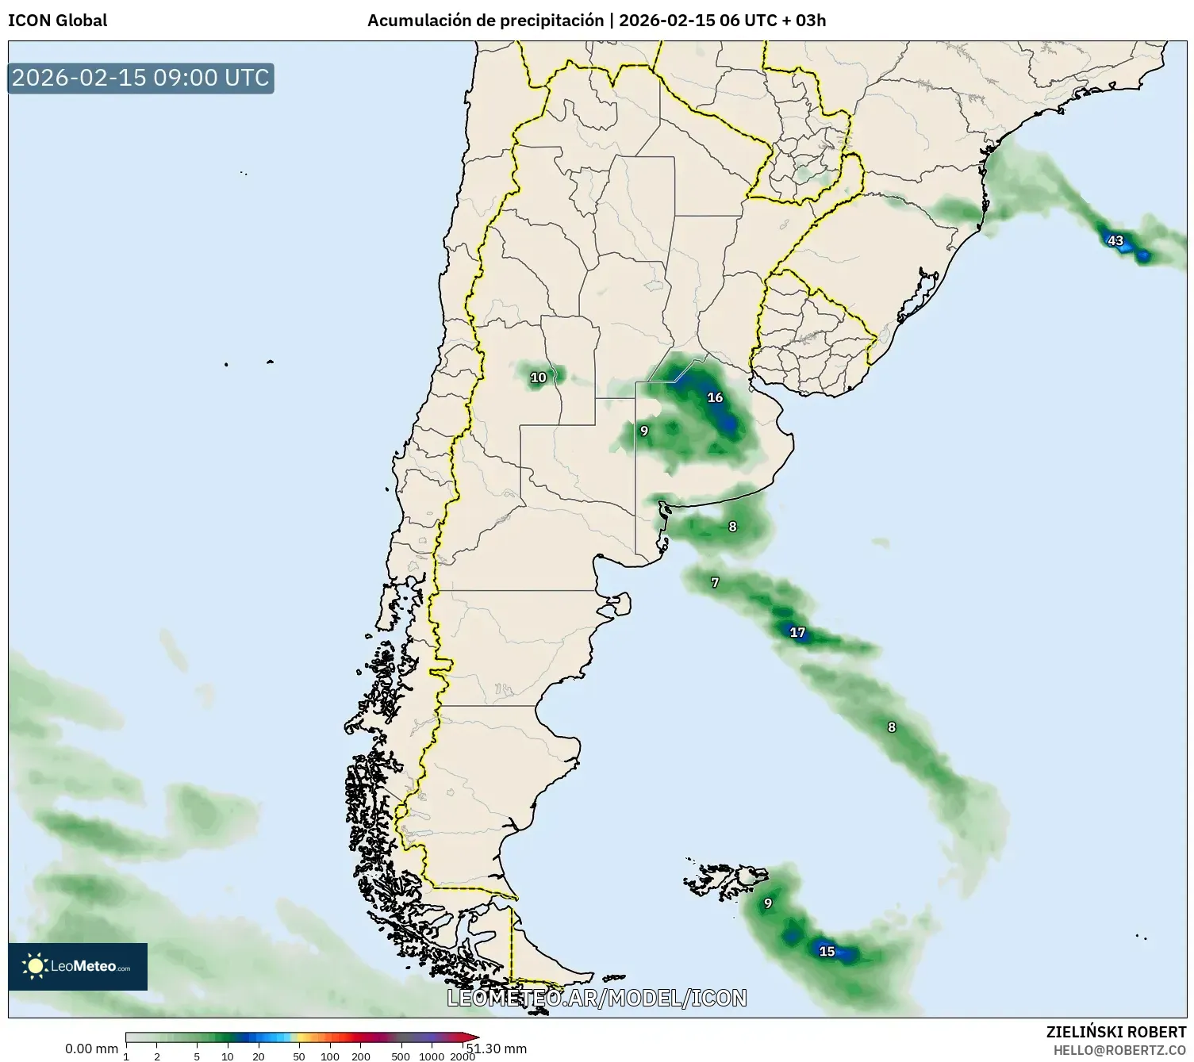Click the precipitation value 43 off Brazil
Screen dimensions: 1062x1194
[x=1115, y=240]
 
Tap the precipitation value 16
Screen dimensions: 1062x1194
[x=715, y=397]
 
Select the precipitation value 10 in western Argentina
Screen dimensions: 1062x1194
[x=538, y=378]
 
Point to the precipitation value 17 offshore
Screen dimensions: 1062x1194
[x=797, y=632]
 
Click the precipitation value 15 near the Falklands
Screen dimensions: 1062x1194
[x=827, y=951]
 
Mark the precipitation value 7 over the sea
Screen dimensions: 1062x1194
[x=715, y=583]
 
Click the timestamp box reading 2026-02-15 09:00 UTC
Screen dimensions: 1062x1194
[x=140, y=78]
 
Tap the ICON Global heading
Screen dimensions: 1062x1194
[x=57, y=21]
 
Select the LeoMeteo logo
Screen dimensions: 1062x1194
[x=78, y=966]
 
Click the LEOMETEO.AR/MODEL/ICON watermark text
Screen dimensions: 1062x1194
[x=597, y=998]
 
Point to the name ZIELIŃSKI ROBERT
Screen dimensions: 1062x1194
[x=1116, y=1032]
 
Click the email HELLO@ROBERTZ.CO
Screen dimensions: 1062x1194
[x=1119, y=1049]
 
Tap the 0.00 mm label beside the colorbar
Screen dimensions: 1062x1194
[x=91, y=1049]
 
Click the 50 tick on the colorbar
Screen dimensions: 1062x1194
[x=299, y=1056]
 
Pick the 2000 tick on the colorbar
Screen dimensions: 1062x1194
[x=463, y=1056]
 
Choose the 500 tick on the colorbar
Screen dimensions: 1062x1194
[x=401, y=1056]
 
